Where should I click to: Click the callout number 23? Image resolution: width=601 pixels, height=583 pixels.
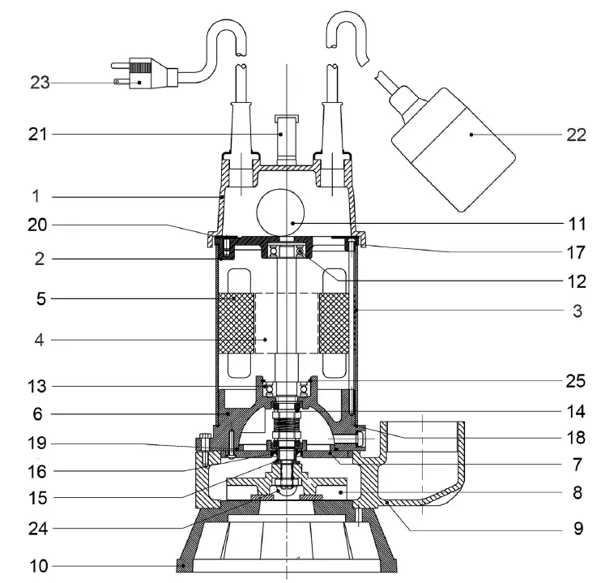click(x=40, y=82)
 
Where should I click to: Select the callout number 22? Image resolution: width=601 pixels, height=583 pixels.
click(x=576, y=135)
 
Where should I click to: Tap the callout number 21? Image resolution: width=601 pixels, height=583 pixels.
click(x=39, y=134)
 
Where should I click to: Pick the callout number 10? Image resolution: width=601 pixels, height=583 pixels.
click(x=39, y=564)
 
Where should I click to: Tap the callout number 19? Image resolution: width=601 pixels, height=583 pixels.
click(x=39, y=444)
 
